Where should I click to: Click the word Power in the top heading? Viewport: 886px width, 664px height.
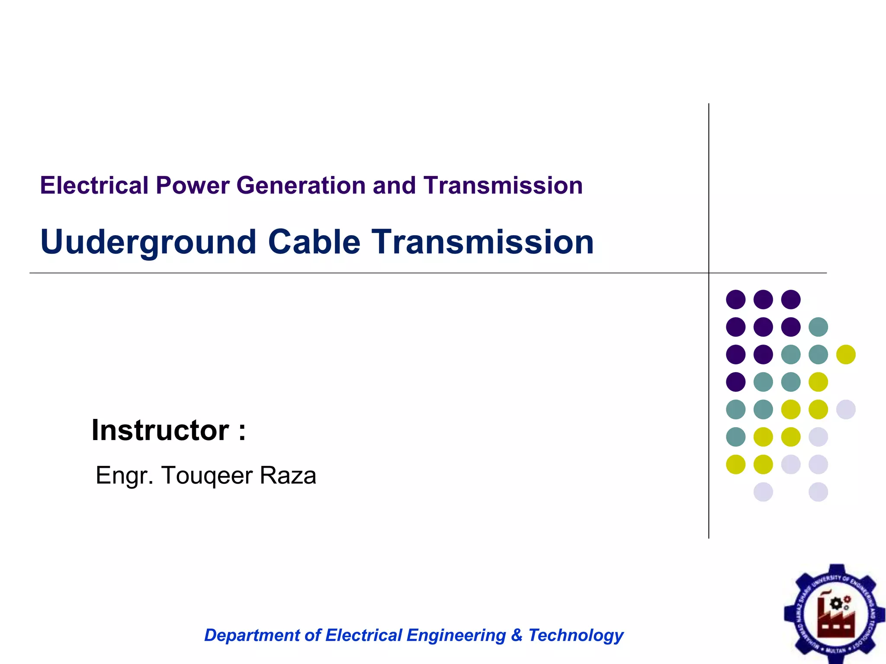tap(193, 185)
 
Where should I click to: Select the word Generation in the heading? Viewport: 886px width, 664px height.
tap(302, 185)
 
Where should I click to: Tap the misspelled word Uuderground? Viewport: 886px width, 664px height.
tap(148, 242)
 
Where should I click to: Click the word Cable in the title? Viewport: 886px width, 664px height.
tap(314, 242)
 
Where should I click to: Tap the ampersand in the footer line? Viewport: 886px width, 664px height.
tap(517, 635)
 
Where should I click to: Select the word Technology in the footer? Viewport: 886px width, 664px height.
tap(576, 635)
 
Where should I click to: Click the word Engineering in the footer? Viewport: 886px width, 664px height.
tap(456, 635)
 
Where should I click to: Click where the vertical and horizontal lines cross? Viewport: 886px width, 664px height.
tap(709, 273)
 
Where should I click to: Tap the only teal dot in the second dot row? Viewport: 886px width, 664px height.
tap(818, 327)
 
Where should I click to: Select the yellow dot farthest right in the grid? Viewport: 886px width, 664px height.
tap(846, 354)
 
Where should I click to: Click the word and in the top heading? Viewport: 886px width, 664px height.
tap(394, 185)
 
